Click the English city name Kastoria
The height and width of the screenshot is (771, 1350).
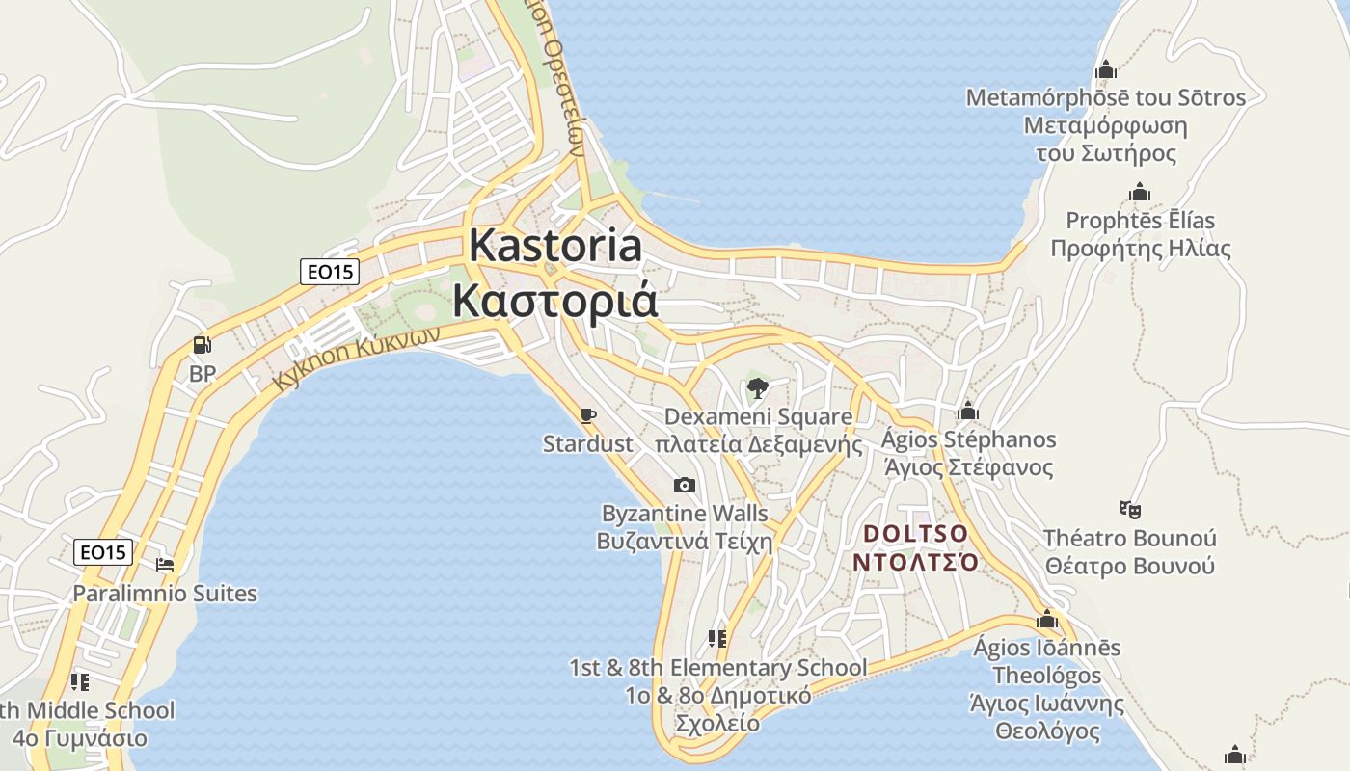point(555,246)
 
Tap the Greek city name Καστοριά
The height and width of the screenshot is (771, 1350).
point(555,301)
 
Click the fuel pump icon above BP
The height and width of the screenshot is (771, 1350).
point(202,344)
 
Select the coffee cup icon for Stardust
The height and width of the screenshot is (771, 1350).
point(588,415)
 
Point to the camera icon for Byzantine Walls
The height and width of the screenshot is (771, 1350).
point(684,485)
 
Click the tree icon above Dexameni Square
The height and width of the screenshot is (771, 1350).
point(758,388)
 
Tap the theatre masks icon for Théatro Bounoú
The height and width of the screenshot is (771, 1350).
point(1129,509)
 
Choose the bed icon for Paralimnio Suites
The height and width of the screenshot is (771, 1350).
point(165,564)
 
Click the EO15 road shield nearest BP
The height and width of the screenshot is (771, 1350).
point(330,272)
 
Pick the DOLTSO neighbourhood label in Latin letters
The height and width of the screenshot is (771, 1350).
point(915,533)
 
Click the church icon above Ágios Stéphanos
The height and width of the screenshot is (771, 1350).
point(968,412)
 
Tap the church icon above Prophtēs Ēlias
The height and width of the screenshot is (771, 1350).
point(1140,193)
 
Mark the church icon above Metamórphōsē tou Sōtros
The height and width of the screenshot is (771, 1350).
point(1105,69)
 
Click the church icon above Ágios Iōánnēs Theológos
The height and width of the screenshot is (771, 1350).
point(1047,619)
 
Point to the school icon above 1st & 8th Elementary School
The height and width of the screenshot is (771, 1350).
point(716,638)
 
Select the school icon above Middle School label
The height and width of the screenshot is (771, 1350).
point(80,682)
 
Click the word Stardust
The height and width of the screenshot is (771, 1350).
point(587,444)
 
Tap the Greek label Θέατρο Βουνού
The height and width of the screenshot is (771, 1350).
point(1129,566)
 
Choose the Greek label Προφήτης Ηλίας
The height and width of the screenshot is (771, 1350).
point(1140,249)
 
